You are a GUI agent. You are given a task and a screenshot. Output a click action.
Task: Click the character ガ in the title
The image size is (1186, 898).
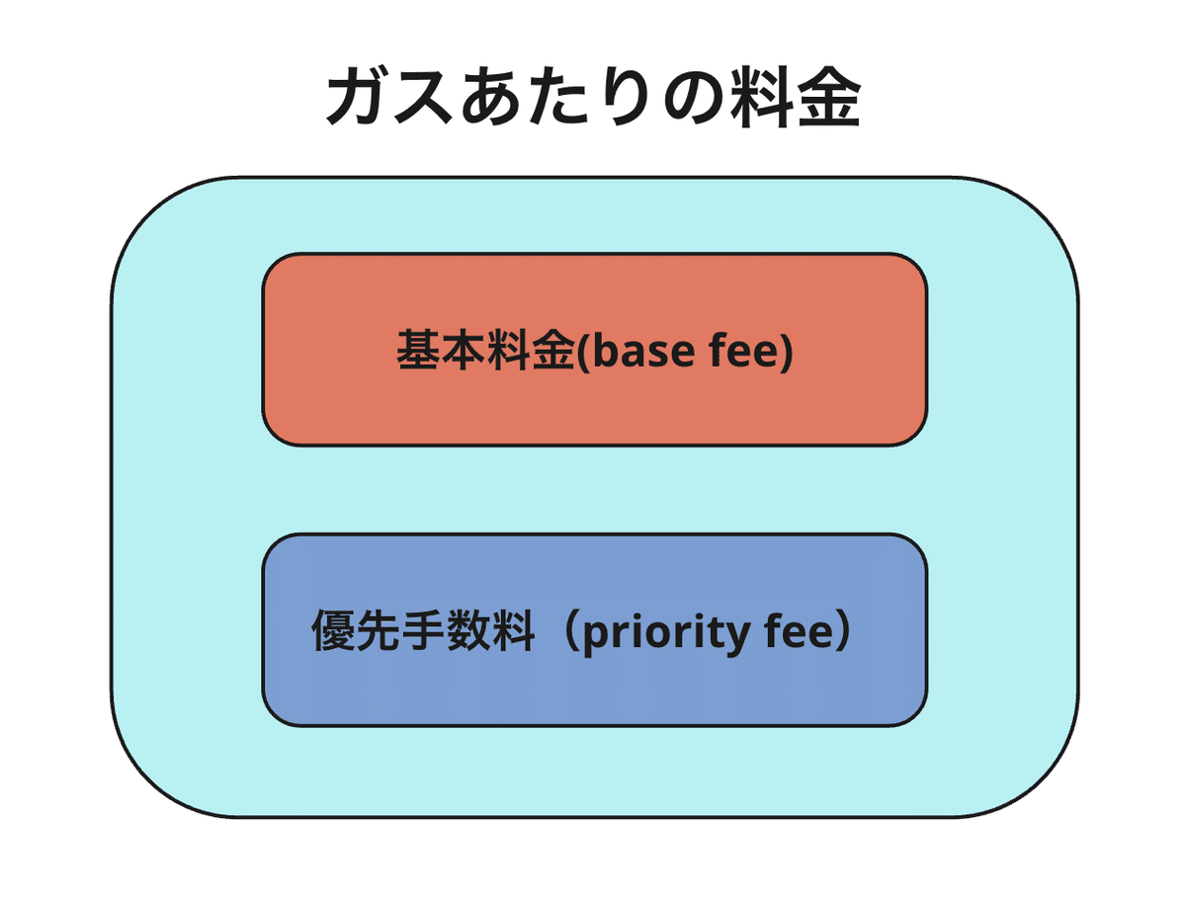pyautogui.click(x=357, y=96)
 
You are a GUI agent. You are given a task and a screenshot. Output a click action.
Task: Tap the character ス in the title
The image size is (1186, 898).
pyautogui.click(x=423, y=97)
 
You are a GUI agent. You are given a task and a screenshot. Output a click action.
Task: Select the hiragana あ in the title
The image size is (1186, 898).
pyautogui.click(x=491, y=96)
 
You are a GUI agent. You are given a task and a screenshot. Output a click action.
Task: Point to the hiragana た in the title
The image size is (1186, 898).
pyautogui.click(x=558, y=96)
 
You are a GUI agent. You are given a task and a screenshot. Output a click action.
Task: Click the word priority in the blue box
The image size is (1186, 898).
pyautogui.click(x=666, y=633)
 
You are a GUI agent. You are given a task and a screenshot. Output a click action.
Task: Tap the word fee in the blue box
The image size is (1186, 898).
pyautogui.click(x=800, y=629)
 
